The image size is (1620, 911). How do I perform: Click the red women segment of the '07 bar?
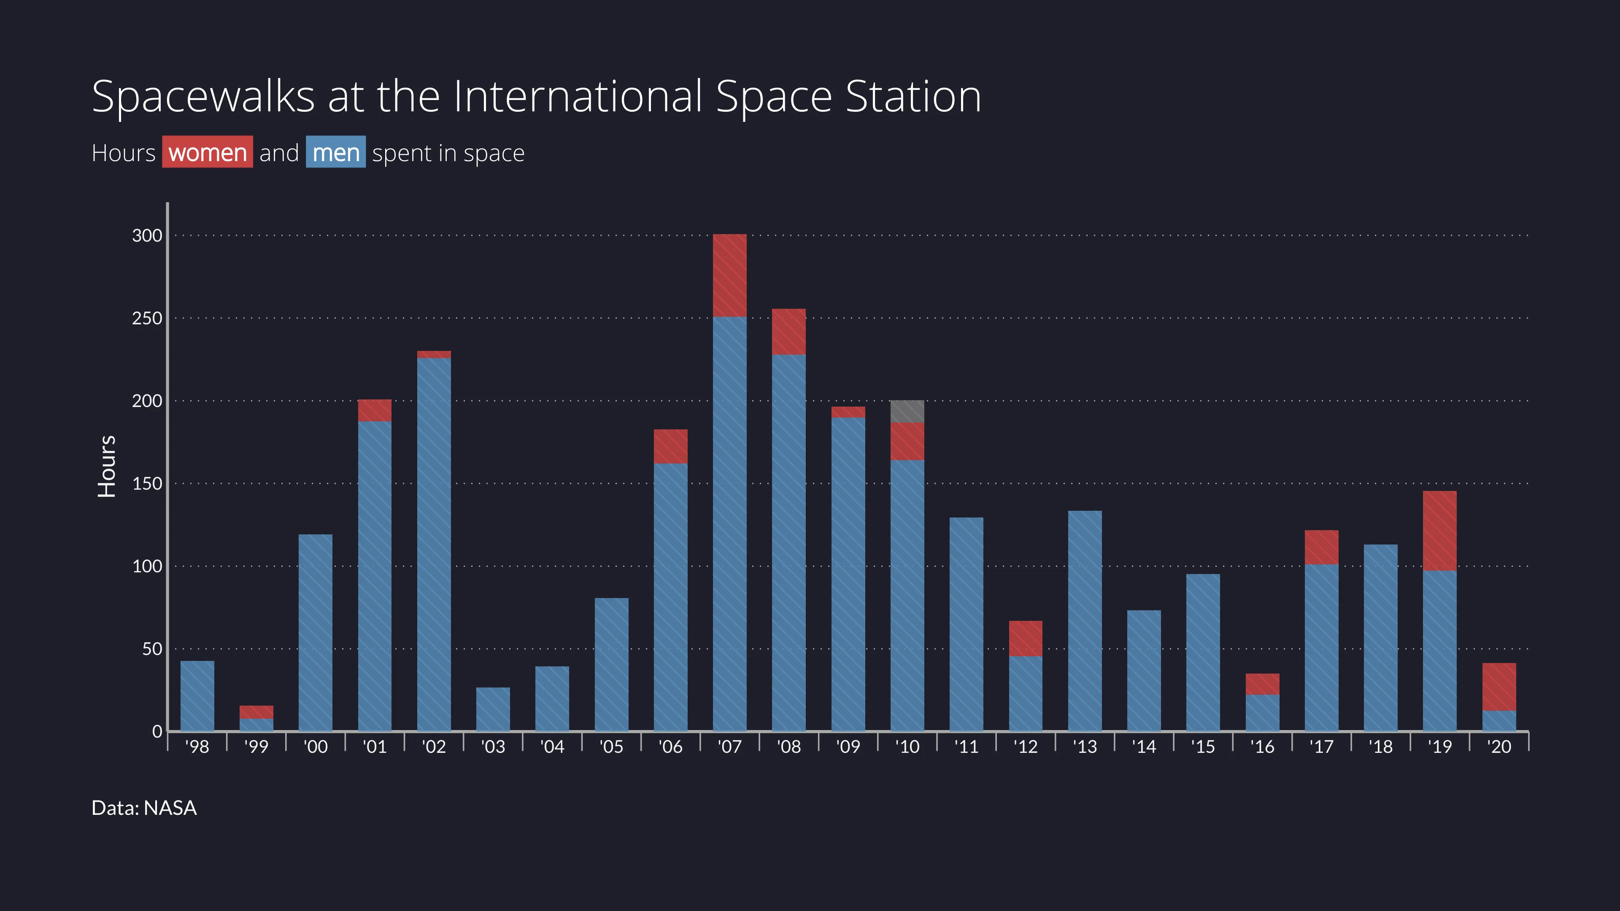(x=729, y=275)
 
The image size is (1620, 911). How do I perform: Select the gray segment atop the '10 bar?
(x=907, y=411)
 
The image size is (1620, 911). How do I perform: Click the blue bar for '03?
(x=493, y=709)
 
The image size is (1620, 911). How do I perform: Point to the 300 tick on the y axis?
(x=147, y=235)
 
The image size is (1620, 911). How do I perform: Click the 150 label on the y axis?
(x=147, y=483)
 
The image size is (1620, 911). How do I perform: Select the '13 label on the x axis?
(x=1085, y=747)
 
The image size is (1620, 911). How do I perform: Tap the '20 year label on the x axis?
(x=1499, y=747)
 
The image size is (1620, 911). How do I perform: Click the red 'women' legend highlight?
(x=208, y=152)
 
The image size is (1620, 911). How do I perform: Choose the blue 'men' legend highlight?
(x=336, y=152)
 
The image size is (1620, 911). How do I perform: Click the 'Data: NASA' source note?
(x=144, y=808)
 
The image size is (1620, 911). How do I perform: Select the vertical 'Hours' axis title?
(x=107, y=466)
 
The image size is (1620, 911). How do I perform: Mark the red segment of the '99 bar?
(x=256, y=712)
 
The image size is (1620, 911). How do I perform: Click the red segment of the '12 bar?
(x=1026, y=638)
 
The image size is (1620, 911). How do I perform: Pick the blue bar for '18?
(x=1380, y=638)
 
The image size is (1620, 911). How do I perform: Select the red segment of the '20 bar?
(x=1499, y=687)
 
